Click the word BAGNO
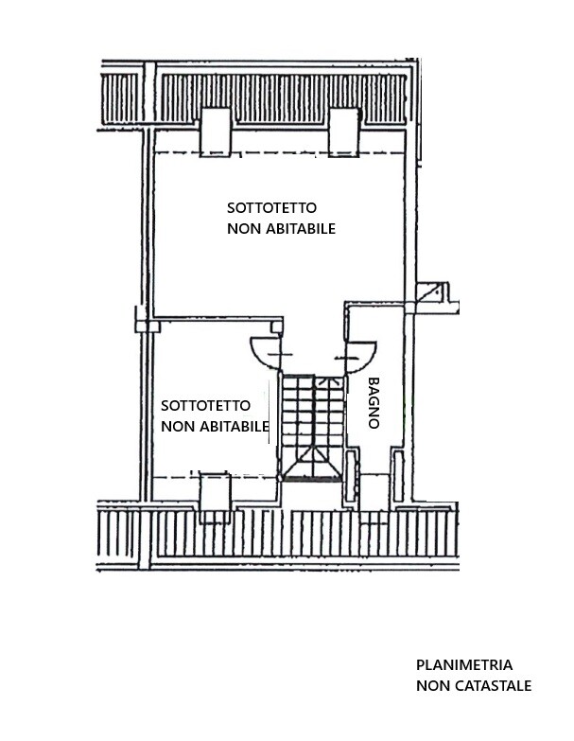click(x=374, y=402)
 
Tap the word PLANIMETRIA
click(x=464, y=665)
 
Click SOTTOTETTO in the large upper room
click(x=272, y=208)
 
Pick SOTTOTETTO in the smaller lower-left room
click(x=206, y=405)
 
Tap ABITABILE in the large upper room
click(x=301, y=229)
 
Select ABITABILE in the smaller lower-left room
click(x=235, y=426)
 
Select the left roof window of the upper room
click(x=216, y=132)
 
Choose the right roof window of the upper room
click(x=344, y=132)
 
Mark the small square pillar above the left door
click(x=277, y=327)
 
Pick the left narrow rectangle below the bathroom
click(x=351, y=476)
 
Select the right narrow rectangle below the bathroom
click(x=399, y=476)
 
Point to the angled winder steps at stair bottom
click(x=312, y=463)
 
